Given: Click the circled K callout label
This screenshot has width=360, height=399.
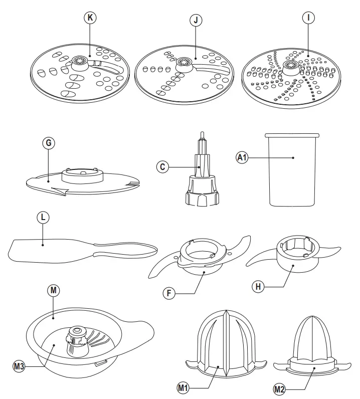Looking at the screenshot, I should click(x=90, y=17).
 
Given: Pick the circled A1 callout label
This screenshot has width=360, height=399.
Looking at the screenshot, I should click(x=243, y=157).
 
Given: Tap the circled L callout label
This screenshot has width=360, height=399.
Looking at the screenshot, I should click(x=43, y=218).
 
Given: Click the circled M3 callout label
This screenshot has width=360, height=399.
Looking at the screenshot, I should click(x=19, y=365).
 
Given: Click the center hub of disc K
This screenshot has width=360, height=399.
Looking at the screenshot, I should click(x=80, y=62).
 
